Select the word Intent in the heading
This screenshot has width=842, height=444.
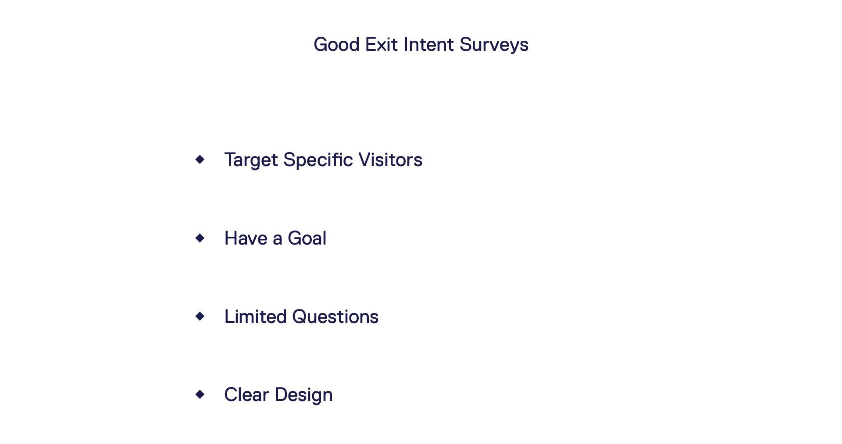[428, 45]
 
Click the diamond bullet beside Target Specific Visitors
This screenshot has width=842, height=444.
[200, 159]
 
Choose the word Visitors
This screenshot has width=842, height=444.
[390, 160]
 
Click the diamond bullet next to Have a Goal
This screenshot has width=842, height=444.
[200, 238]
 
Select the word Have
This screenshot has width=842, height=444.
[246, 238]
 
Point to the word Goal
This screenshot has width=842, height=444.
[307, 238]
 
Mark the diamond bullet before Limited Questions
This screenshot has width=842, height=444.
[200, 316]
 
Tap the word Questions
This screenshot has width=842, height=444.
[335, 316]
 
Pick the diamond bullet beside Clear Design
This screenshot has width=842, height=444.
[200, 394]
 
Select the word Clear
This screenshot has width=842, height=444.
[246, 394]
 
